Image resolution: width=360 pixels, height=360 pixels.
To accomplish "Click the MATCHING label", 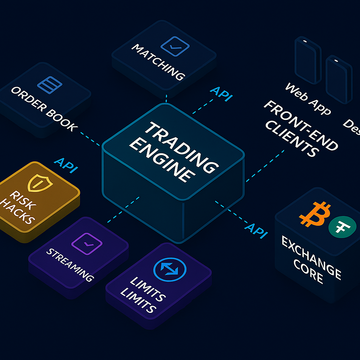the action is point(158,61).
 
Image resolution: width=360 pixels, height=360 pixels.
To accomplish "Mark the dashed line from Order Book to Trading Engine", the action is point(91,139).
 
